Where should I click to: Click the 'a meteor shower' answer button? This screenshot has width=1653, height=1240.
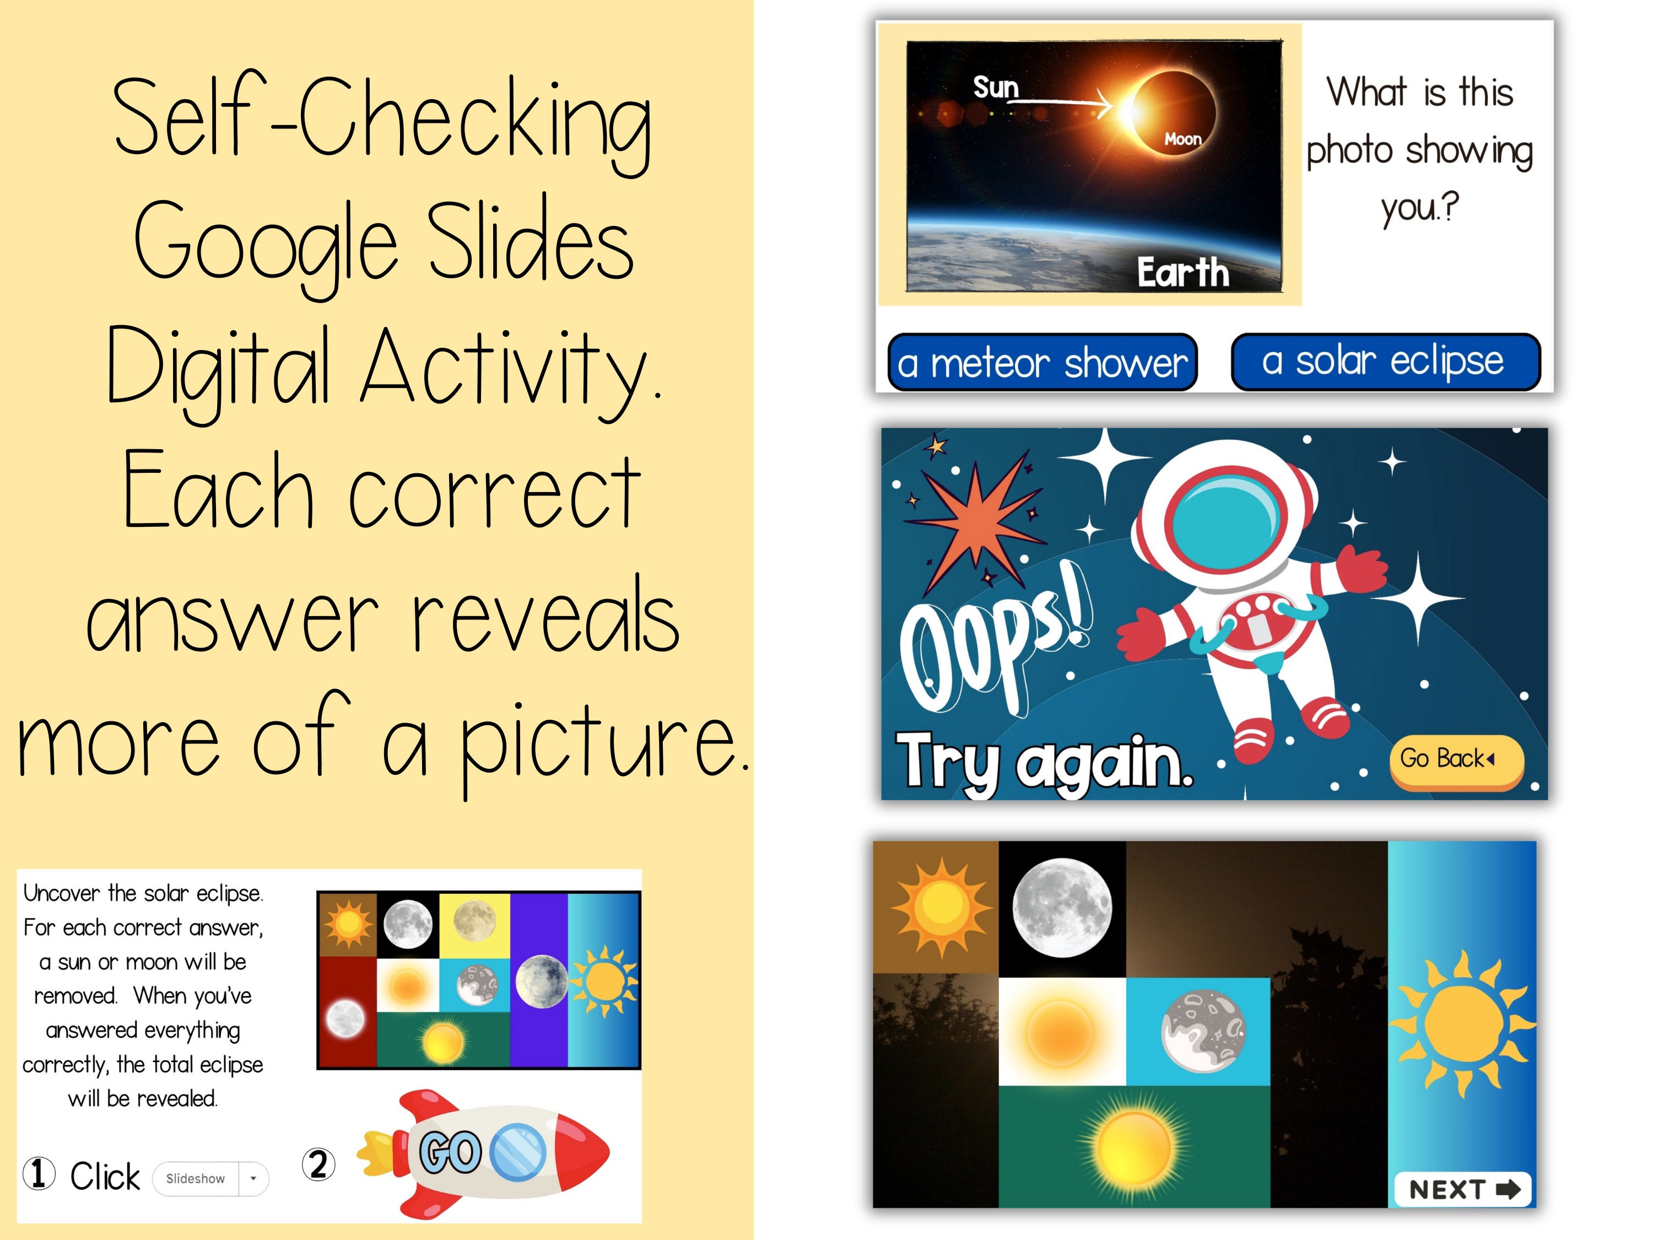point(1042,363)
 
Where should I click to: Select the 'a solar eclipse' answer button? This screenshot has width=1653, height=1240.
point(1385,362)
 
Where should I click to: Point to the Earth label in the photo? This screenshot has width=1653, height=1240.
point(1182,272)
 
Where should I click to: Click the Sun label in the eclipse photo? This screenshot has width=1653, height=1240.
point(996,88)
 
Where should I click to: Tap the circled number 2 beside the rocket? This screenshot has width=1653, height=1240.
point(318,1164)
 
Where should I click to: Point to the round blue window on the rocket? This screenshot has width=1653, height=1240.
point(518,1152)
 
